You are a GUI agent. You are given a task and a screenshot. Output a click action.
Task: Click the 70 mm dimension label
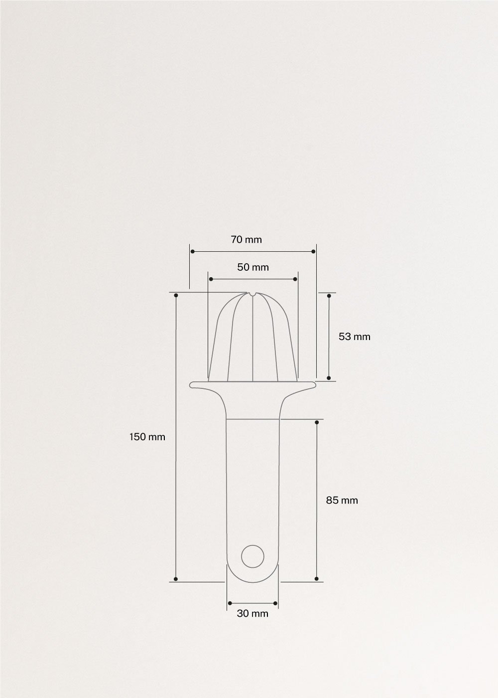click(x=246, y=240)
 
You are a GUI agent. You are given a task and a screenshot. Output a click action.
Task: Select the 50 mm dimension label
click(x=252, y=267)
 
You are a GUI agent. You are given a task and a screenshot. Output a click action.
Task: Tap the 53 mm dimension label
click(x=355, y=337)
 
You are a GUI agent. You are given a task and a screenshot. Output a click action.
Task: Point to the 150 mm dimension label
click(x=147, y=437)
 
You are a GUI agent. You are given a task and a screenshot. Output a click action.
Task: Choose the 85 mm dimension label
click(x=342, y=500)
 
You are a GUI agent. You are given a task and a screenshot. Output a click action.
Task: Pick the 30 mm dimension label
click(x=252, y=614)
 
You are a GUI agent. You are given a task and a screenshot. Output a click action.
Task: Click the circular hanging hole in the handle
click(x=252, y=555)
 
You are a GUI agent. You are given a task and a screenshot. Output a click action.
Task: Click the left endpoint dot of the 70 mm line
click(x=192, y=251)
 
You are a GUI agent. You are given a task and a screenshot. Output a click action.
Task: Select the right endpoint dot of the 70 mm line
click(x=314, y=251)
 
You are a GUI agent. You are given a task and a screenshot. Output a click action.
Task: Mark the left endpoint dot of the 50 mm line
click(x=210, y=279)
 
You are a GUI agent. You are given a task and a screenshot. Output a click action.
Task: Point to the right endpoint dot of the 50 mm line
click(x=296, y=279)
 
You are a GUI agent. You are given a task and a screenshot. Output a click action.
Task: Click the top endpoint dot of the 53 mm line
click(x=329, y=296)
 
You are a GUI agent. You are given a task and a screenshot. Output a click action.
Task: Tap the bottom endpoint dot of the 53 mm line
click(x=329, y=378)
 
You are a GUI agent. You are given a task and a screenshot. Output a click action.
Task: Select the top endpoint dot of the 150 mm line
click(x=176, y=296)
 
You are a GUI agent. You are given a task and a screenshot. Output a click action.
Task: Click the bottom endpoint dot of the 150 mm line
click(x=176, y=579)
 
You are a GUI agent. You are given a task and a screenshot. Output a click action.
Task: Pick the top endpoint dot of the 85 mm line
click(x=317, y=422)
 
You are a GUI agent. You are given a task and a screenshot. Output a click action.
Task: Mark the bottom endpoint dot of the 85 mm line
click(x=317, y=579)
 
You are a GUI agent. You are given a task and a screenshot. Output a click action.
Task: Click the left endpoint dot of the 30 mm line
click(x=229, y=604)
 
